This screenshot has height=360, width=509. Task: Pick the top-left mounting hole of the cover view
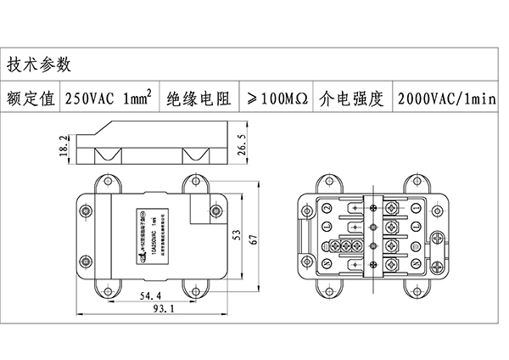tap(106, 181)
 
